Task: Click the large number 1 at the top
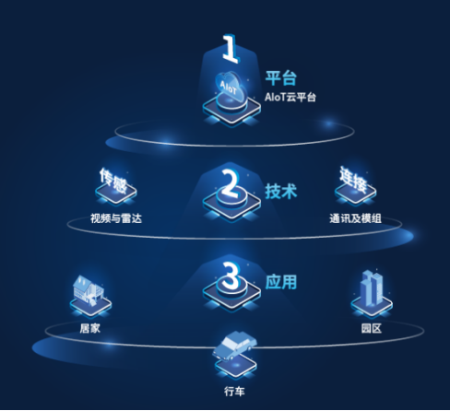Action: coord(231,48)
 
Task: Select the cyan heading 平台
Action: coord(281,78)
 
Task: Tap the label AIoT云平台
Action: coord(290,97)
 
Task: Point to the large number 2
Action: coord(231,182)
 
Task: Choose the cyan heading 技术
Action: coord(281,191)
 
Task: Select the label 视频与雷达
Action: coord(116,218)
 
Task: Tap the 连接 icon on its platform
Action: coord(355,185)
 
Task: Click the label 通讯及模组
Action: coord(355,218)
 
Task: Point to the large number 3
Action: coord(231,276)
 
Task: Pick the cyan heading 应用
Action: coord(281,282)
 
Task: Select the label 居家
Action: coord(89,328)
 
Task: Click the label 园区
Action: coord(372,328)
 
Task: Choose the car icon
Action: coord(234,345)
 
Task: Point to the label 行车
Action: coord(234,392)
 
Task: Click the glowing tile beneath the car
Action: coord(236,366)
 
